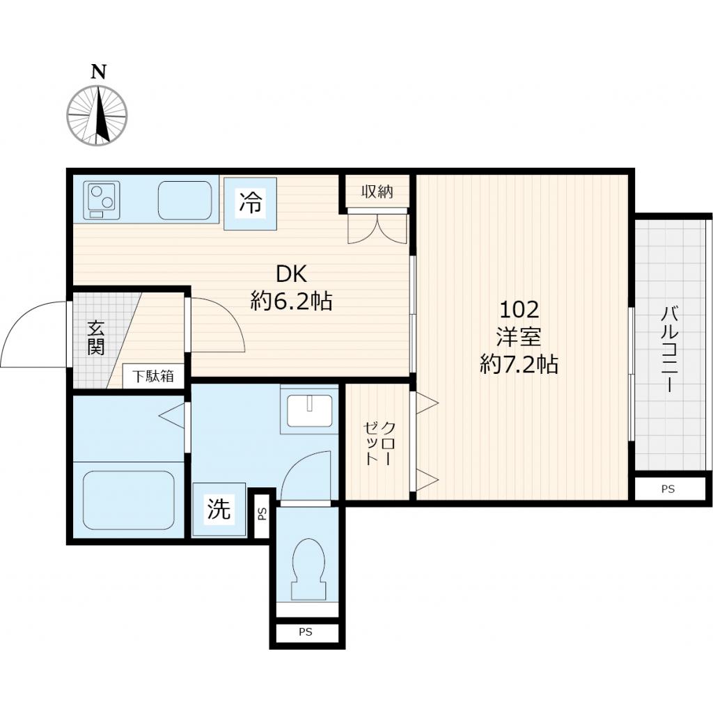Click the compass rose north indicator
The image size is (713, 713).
[x=97, y=115]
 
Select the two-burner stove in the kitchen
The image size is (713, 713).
[x=102, y=200]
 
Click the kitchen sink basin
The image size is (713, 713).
[x=185, y=201]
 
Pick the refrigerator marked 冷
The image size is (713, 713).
[x=251, y=203]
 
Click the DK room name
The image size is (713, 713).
[x=291, y=274]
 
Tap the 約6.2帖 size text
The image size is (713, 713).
[x=291, y=301]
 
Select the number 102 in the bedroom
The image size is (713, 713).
[x=519, y=308]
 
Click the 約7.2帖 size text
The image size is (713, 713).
[x=519, y=364]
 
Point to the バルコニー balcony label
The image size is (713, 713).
[x=671, y=348]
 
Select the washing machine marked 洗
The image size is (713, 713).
[x=219, y=510]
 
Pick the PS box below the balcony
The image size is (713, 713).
[x=668, y=489]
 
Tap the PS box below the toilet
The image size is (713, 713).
[x=306, y=633]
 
